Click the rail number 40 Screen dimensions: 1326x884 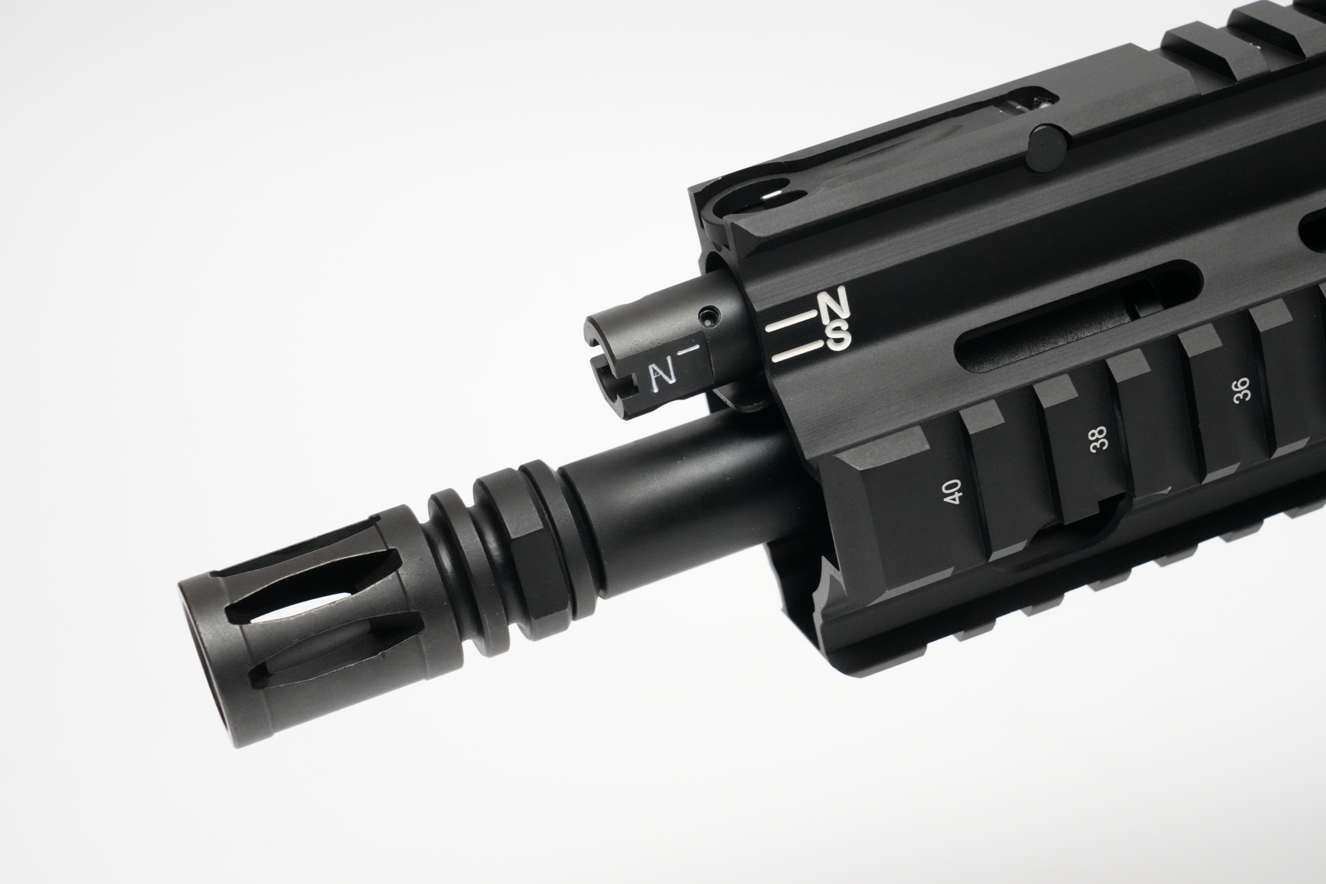click(953, 491)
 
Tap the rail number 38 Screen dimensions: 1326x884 click(1098, 438)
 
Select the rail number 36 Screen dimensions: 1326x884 click(1242, 390)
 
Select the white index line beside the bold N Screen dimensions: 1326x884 click(788, 322)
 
